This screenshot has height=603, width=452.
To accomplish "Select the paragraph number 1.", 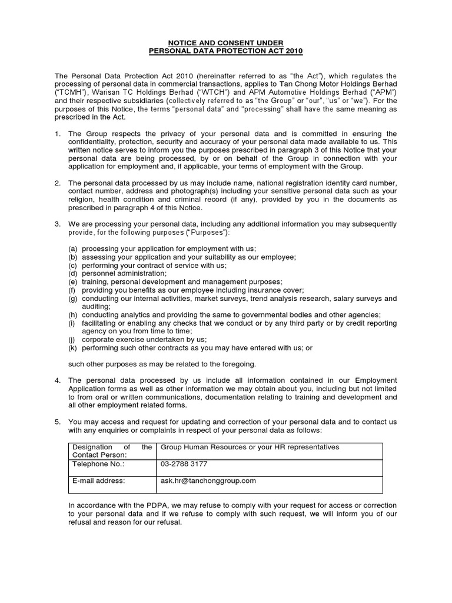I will click(x=57, y=134).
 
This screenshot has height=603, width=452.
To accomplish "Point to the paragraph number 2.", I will click(x=57, y=183).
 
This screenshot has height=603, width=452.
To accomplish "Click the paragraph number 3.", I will click(x=57, y=224).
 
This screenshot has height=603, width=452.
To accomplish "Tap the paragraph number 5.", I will click(x=57, y=422).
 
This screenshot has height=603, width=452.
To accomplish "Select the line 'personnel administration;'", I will click(x=124, y=274).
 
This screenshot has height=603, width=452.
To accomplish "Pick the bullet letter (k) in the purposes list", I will click(x=73, y=348).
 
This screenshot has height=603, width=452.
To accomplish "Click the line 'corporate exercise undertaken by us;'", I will click(x=144, y=340).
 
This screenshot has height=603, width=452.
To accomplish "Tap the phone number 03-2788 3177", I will click(x=184, y=464).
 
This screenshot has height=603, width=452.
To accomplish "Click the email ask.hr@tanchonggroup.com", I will click(x=208, y=481).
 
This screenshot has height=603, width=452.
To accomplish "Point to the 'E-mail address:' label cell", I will click(x=98, y=481).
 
